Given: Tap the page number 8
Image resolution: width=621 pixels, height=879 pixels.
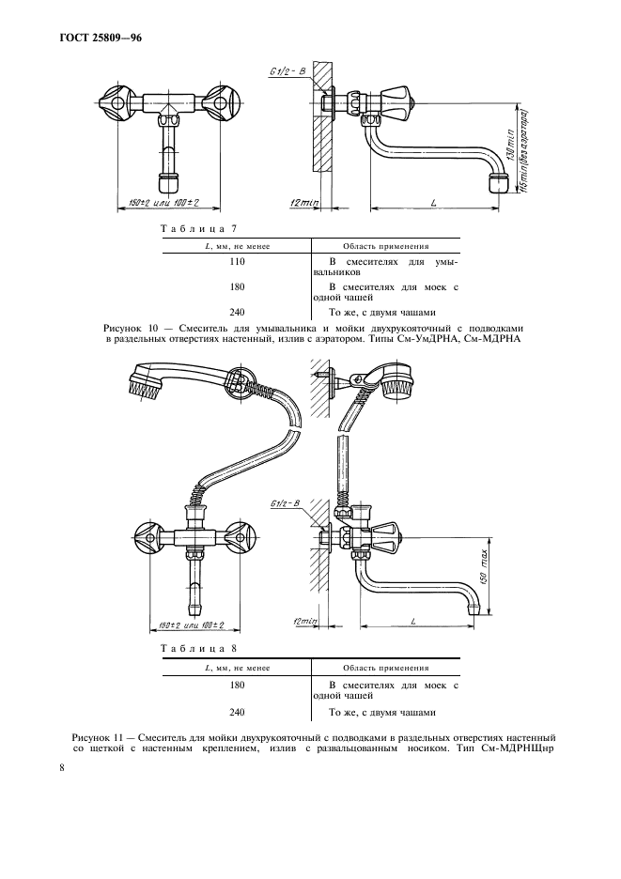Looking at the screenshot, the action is click(x=63, y=767).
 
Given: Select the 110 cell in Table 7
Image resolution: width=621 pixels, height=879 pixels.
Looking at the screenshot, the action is click(x=238, y=261).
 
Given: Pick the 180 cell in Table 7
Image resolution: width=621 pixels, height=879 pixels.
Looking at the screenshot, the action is click(x=238, y=287).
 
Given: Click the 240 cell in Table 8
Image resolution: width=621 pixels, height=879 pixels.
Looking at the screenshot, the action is click(x=238, y=713).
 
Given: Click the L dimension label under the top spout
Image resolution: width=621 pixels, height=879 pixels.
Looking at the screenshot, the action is click(x=434, y=203).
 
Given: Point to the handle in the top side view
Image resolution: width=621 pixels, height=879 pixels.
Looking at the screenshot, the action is click(x=396, y=100).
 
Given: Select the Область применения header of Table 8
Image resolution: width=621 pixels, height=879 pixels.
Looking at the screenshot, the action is click(x=386, y=668).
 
